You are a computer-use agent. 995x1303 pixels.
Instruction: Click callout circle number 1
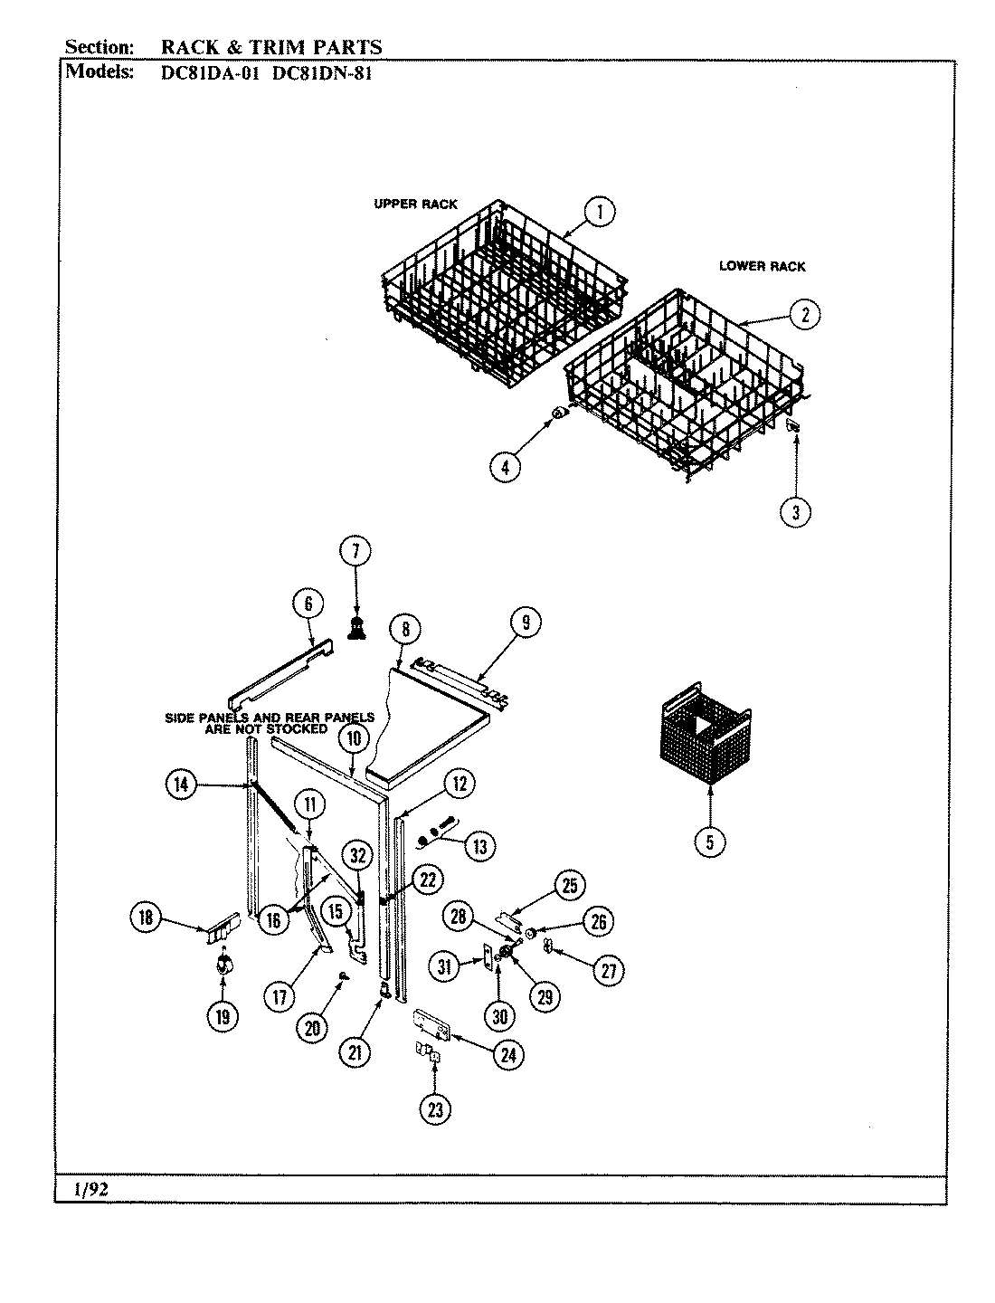[x=599, y=212]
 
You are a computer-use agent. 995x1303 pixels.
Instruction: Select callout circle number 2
[x=804, y=314]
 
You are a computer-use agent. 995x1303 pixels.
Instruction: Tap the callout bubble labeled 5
[x=710, y=842]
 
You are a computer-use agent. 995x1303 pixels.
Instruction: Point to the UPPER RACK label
[x=416, y=204]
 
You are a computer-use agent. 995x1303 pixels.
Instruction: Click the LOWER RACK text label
[x=762, y=266]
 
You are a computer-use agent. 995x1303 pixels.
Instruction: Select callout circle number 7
[x=355, y=550]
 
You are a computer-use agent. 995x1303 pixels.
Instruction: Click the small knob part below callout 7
[x=355, y=629]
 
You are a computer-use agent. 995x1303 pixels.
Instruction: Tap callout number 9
[x=525, y=622]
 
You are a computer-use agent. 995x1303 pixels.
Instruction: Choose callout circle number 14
[x=181, y=784]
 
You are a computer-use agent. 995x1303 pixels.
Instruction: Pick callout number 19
[x=222, y=1016]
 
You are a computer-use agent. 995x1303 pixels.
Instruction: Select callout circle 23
[x=435, y=1109]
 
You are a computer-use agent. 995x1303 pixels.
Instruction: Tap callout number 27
[x=608, y=970]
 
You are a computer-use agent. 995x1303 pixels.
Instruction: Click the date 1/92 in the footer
[x=87, y=1190]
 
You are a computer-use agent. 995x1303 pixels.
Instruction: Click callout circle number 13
[x=479, y=846]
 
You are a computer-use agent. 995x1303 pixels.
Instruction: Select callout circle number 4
[x=505, y=466]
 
